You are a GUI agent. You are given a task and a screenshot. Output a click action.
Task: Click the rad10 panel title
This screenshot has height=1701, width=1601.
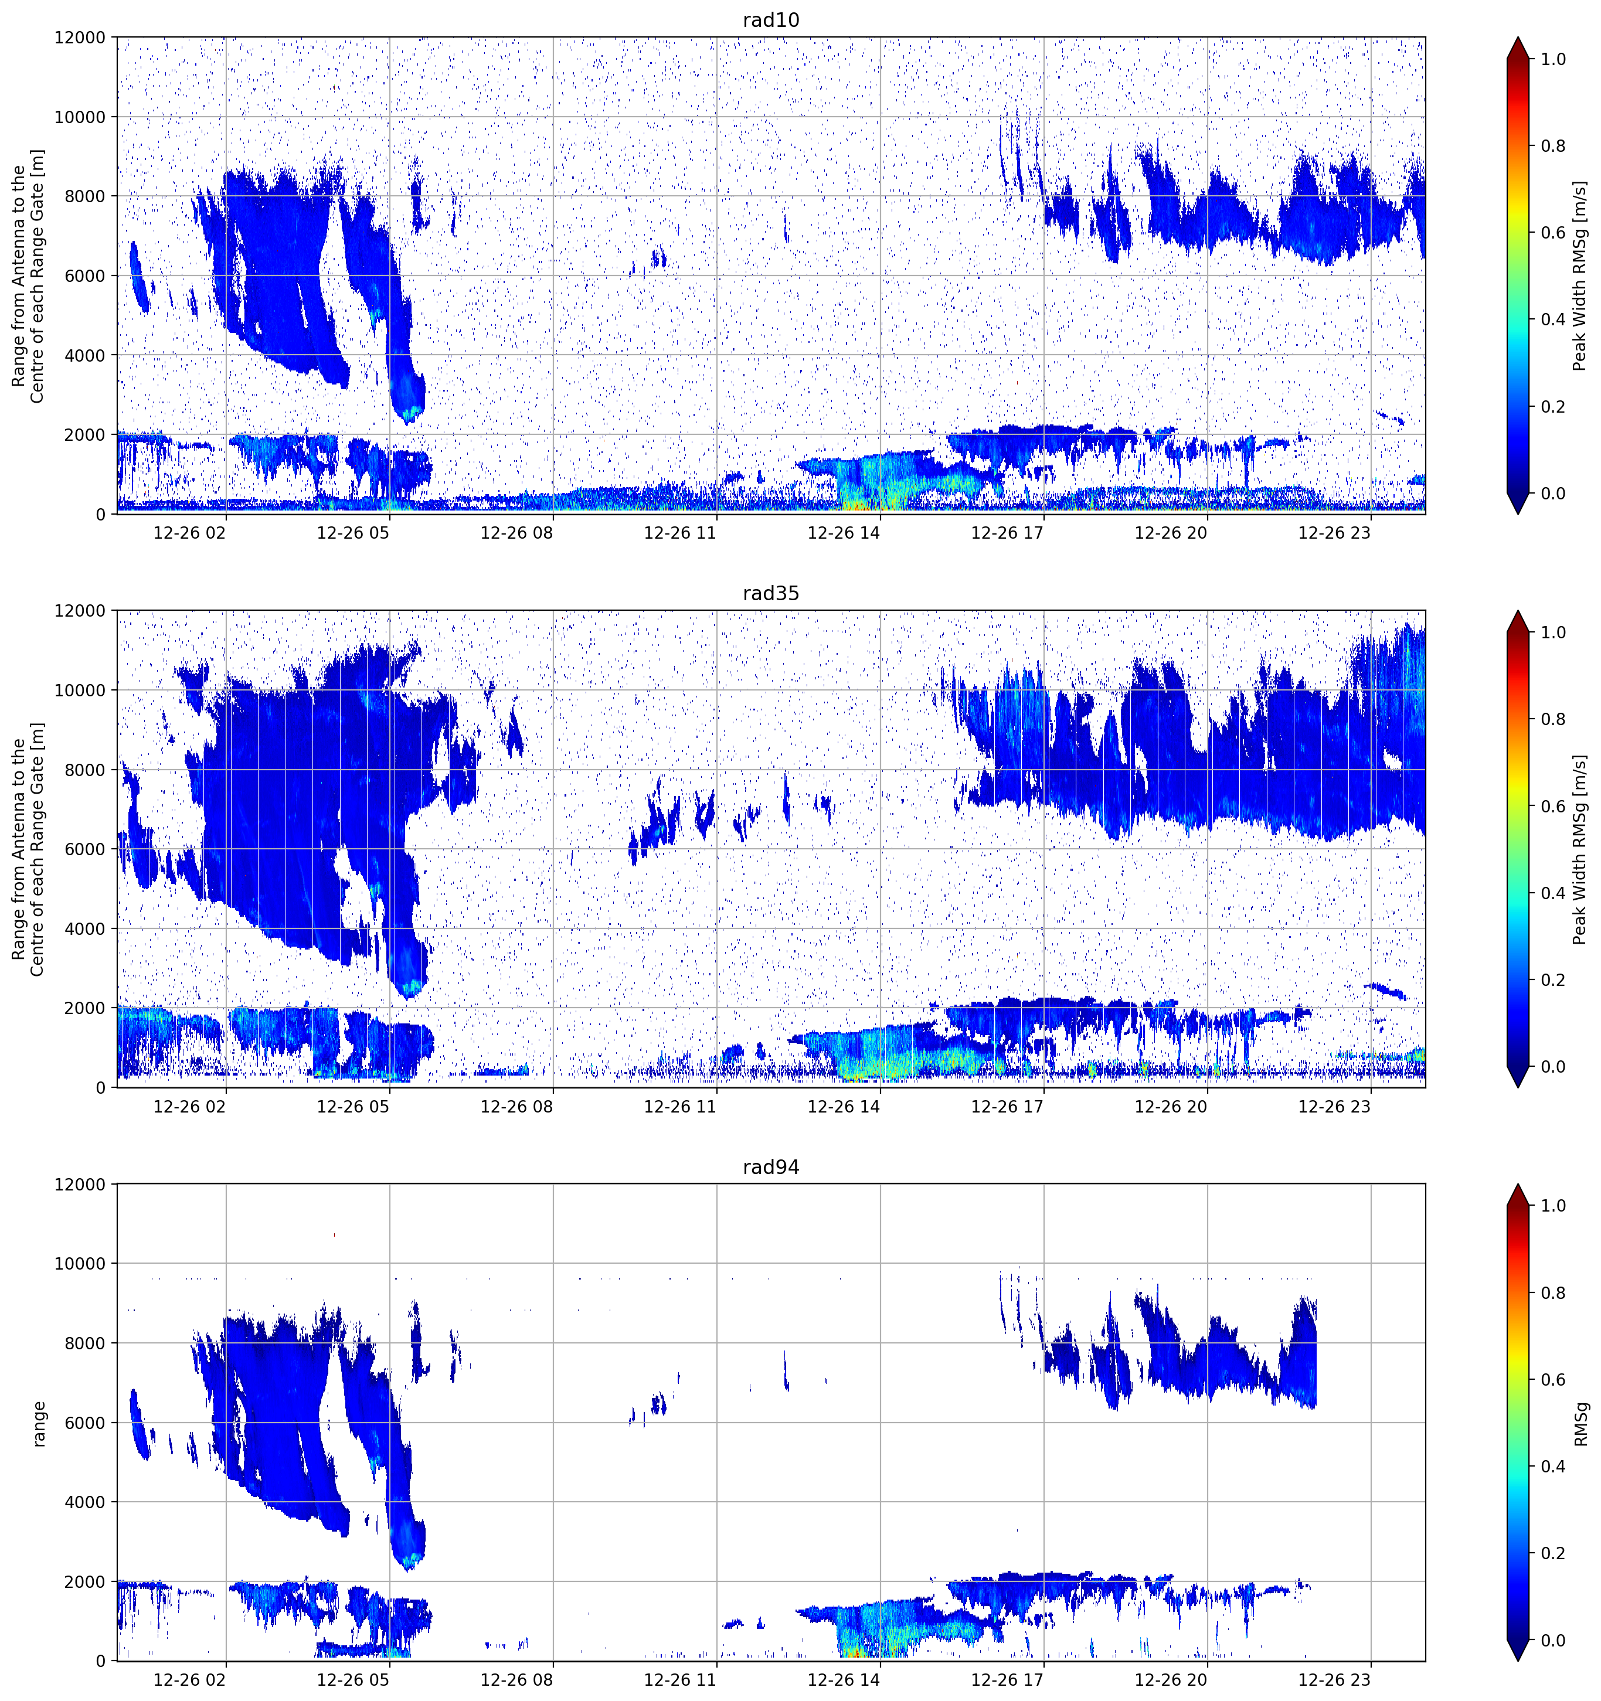770,20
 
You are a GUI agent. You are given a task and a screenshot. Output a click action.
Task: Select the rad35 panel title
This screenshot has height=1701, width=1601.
770,593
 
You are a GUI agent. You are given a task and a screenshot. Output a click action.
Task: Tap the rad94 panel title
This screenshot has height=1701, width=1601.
770,1166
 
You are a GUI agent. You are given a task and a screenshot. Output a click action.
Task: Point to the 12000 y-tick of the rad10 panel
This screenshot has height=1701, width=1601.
80,38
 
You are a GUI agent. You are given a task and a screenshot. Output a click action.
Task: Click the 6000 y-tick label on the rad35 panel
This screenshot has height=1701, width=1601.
85,849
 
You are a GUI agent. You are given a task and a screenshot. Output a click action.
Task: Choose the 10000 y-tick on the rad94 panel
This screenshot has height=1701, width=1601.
80,1264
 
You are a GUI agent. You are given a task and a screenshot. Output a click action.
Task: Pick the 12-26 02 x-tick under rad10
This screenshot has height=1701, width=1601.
189,533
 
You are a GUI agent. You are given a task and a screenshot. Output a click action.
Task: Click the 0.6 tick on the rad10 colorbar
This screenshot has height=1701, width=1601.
1553,233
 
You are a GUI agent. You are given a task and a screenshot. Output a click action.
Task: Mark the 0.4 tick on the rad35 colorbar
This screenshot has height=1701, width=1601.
1553,893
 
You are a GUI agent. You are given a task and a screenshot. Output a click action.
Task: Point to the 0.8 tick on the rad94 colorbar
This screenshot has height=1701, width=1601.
1553,1293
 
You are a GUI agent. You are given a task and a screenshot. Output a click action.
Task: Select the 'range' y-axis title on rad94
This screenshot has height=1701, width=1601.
39,1423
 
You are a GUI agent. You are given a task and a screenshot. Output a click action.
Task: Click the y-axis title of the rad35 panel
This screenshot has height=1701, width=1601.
28,849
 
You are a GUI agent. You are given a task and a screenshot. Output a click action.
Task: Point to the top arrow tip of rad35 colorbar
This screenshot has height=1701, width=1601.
1517,611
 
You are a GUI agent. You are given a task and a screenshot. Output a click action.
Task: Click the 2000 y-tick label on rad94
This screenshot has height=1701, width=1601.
85,1581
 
